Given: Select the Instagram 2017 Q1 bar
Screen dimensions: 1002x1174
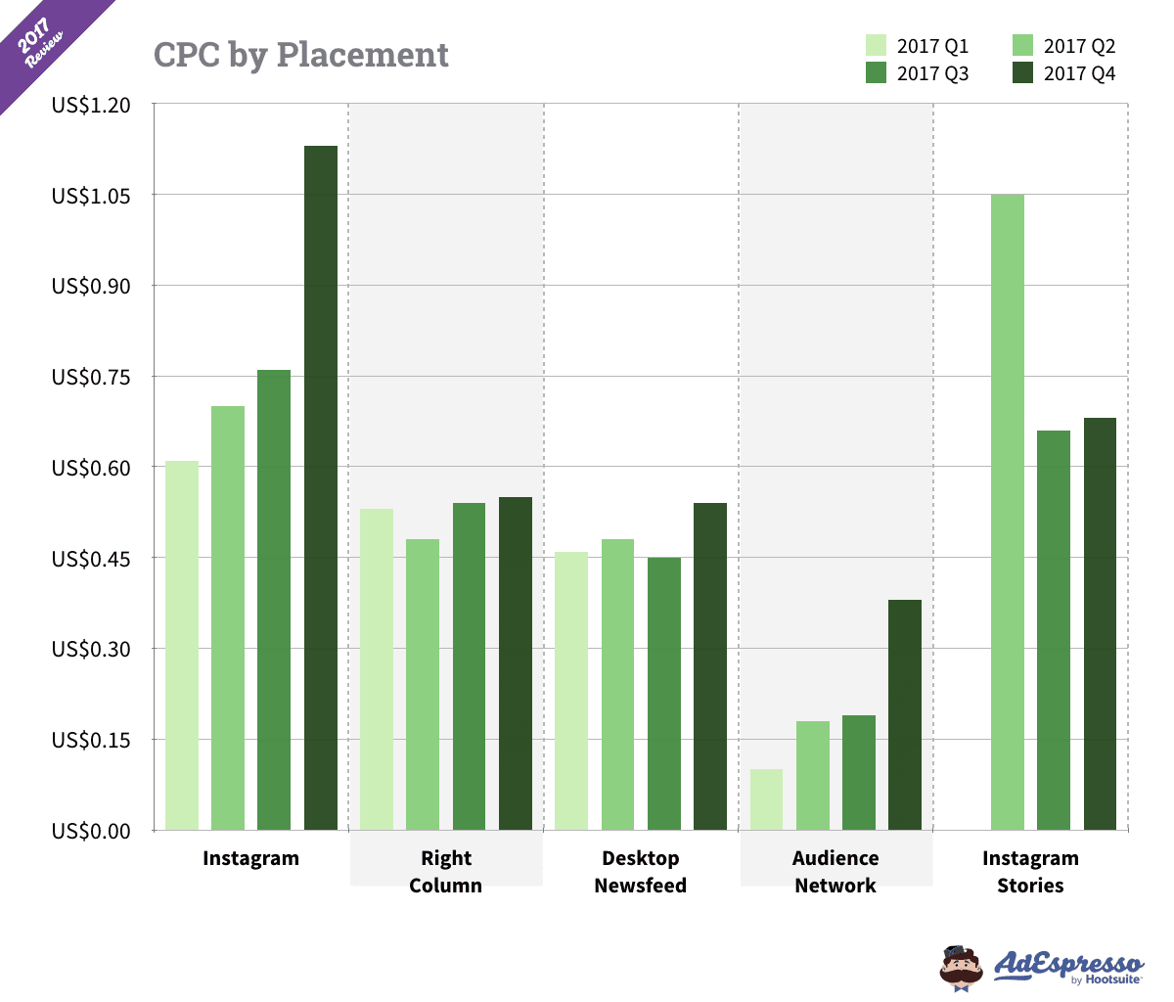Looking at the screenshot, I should pyautogui.click(x=182, y=645).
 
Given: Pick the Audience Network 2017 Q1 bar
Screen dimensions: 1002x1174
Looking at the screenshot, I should pyautogui.click(x=766, y=799).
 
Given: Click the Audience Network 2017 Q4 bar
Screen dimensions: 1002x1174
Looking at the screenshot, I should pyautogui.click(x=905, y=714).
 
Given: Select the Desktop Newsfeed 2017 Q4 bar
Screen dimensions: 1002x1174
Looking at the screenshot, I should pyautogui.click(x=710, y=666).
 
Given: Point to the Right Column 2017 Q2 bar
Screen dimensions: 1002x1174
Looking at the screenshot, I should pyautogui.click(x=423, y=684).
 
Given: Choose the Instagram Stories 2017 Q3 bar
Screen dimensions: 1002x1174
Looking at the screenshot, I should pyautogui.click(x=1054, y=630).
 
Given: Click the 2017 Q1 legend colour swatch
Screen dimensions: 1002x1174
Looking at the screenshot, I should pyautogui.click(x=876, y=46).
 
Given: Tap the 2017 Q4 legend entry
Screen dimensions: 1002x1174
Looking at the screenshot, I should pyautogui.click(x=1063, y=73).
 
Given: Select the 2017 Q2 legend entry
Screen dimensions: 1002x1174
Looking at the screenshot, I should pyautogui.click(x=1063, y=46).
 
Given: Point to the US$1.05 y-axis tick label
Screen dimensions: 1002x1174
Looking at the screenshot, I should pyautogui.click(x=91, y=196).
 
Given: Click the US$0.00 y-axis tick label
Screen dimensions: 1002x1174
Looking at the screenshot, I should pyautogui.click(x=91, y=831).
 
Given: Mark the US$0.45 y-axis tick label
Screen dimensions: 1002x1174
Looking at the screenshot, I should pyautogui.click(x=91, y=559).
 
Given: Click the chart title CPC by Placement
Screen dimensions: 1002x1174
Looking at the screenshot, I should pyautogui.click(x=301, y=55).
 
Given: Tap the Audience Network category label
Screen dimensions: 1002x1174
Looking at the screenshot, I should pyautogui.click(x=835, y=872).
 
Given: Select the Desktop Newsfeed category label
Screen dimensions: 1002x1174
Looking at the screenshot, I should pyautogui.click(x=641, y=872).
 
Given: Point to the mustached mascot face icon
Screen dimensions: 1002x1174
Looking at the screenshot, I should pyautogui.click(x=961, y=968).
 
